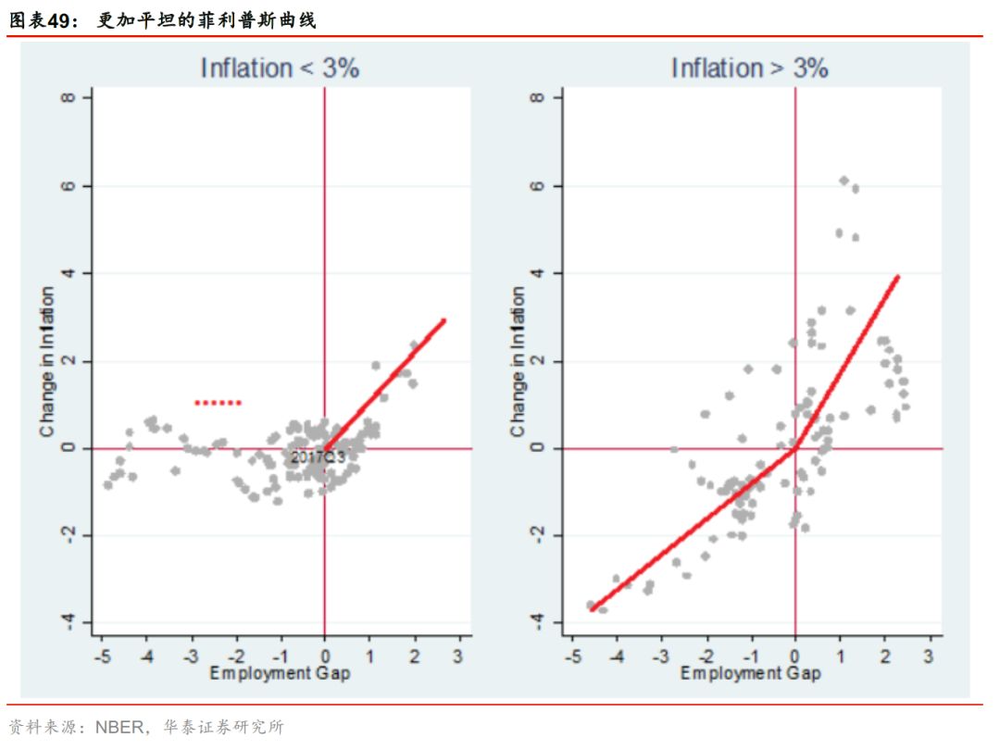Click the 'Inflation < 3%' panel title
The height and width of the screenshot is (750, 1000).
[280, 68]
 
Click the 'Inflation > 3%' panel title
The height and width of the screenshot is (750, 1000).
[749, 68]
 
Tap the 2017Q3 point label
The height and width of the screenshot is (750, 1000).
[318, 456]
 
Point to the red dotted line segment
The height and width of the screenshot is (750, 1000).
[218, 403]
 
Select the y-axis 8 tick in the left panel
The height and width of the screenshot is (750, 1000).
[70, 97]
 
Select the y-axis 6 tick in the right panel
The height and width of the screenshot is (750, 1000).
[542, 185]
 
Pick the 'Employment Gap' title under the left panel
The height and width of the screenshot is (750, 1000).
[280, 673]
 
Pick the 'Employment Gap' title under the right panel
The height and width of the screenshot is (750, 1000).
[750, 673]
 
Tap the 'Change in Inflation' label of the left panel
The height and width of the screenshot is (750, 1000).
[47, 361]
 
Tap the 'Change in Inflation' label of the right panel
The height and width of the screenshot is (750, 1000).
[518, 361]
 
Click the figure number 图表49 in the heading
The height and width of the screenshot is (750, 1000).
[46, 19]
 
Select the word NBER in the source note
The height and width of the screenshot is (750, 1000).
[119, 727]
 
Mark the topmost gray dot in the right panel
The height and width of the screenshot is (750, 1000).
[844, 181]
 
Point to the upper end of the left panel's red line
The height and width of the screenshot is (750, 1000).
[444, 320]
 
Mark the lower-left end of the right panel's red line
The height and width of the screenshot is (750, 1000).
[592, 608]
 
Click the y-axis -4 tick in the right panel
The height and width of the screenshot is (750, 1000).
[542, 621]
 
